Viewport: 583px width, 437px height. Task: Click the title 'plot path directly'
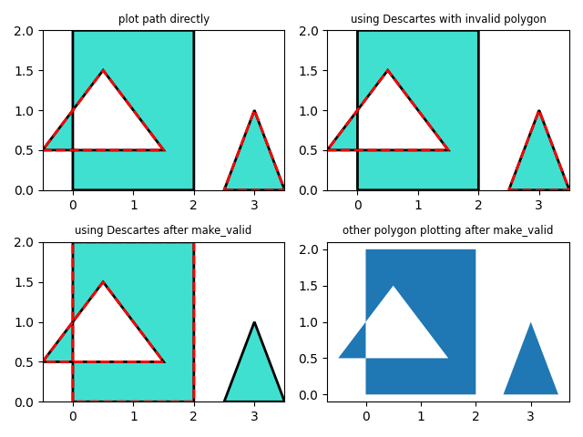point(164,19)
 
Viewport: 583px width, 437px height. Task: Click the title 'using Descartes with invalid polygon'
point(448,19)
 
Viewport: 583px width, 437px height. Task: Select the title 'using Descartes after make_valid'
point(164,230)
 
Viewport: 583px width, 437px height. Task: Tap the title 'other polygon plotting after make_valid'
point(448,230)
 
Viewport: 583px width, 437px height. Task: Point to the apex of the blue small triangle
point(530,322)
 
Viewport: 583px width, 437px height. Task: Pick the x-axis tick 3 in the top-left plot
point(254,204)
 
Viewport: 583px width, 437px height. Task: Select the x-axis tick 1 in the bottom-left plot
point(133,415)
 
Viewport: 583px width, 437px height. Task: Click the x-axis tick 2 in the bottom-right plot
point(476,415)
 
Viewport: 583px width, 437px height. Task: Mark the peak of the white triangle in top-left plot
point(103,71)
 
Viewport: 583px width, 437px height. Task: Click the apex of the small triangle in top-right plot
point(539,111)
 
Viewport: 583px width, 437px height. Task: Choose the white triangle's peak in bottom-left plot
point(103,282)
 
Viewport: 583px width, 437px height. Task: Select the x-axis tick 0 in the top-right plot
point(357,204)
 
